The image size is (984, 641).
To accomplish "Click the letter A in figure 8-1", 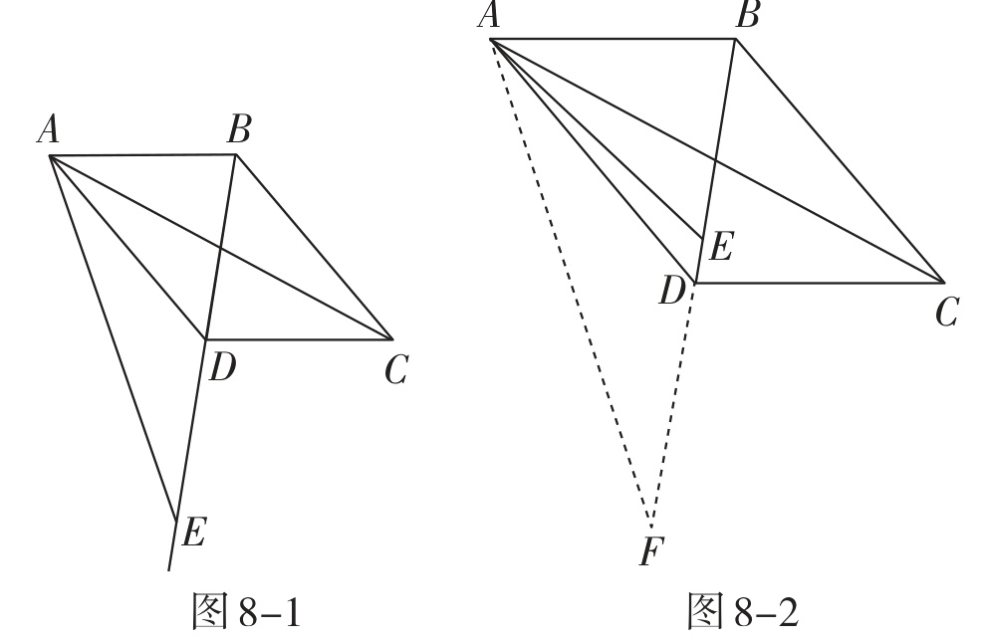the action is pyautogui.click(x=49, y=130).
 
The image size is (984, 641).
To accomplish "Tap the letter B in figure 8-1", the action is pyautogui.click(x=239, y=129).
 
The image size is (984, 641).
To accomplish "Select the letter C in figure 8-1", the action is pyautogui.click(x=396, y=369).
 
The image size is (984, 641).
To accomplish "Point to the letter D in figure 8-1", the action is pyautogui.click(x=222, y=367).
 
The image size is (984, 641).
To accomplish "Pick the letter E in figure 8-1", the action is pyautogui.click(x=193, y=534).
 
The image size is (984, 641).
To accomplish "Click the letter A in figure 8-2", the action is pyautogui.click(x=489, y=15).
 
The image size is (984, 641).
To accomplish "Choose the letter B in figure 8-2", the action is pyautogui.click(x=747, y=15).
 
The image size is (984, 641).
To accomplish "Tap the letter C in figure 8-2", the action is pyautogui.click(x=946, y=313).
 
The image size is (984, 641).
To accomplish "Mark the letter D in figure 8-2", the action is pyautogui.click(x=671, y=292).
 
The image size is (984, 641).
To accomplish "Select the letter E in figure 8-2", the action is pyautogui.click(x=720, y=246).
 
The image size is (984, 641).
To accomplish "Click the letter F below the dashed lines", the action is pyautogui.click(x=651, y=551).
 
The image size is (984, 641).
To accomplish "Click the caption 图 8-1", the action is pyautogui.click(x=246, y=611).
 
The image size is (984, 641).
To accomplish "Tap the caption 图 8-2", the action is pyautogui.click(x=743, y=611).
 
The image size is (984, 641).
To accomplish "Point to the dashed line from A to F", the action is pyautogui.click(x=571, y=284).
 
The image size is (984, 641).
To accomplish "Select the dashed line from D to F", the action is pyautogui.click(x=673, y=405).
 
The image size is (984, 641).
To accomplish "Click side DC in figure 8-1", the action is pyautogui.click(x=300, y=339).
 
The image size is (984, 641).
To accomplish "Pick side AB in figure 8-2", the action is pyautogui.click(x=614, y=39).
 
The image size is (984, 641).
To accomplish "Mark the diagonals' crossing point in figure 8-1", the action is pyautogui.click(x=220, y=247).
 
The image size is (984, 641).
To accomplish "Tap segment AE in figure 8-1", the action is pyautogui.click(x=113, y=338).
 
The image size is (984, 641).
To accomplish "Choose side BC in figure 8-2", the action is pyautogui.click(x=841, y=160).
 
